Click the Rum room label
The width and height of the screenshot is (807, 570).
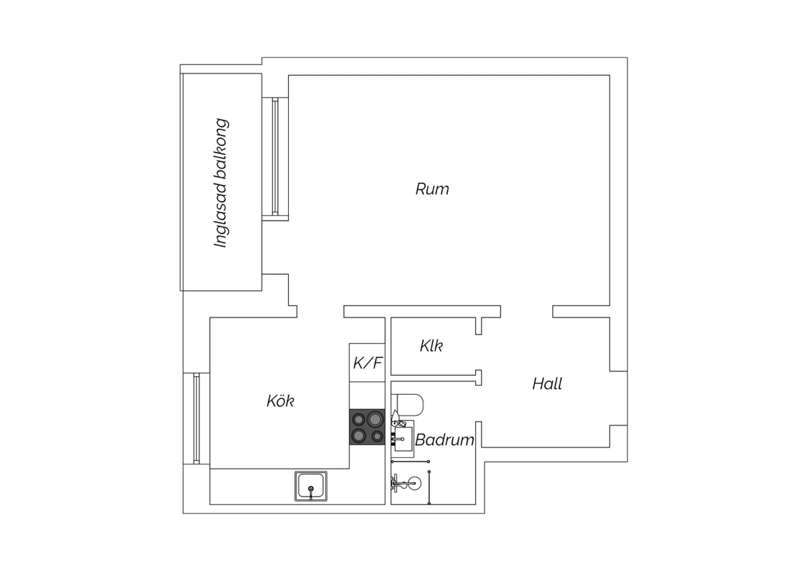point(432,189)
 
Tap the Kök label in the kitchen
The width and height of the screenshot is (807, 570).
point(280,401)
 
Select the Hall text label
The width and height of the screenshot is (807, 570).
point(547,383)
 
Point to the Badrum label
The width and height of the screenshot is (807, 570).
point(444,440)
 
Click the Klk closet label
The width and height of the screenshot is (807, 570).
point(431,346)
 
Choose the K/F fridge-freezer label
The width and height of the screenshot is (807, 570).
point(367,363)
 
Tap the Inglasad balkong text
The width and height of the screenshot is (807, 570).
point(221,183)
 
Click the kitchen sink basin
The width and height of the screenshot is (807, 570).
point(311,486)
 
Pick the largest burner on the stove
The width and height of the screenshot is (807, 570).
point(375,419)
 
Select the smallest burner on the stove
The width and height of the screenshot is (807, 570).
point(377,437)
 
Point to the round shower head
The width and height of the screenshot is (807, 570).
point(413,483)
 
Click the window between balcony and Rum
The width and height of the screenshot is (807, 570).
point(275,156)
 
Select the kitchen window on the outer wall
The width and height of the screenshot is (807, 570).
point(196,418)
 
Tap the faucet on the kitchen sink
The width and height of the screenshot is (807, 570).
point(311,491)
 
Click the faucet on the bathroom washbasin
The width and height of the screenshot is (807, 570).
point(398,439)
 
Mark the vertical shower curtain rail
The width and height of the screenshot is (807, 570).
point(429,488)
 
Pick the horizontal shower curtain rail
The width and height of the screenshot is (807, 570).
point(410,461)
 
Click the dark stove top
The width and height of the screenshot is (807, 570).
point(367,426)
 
